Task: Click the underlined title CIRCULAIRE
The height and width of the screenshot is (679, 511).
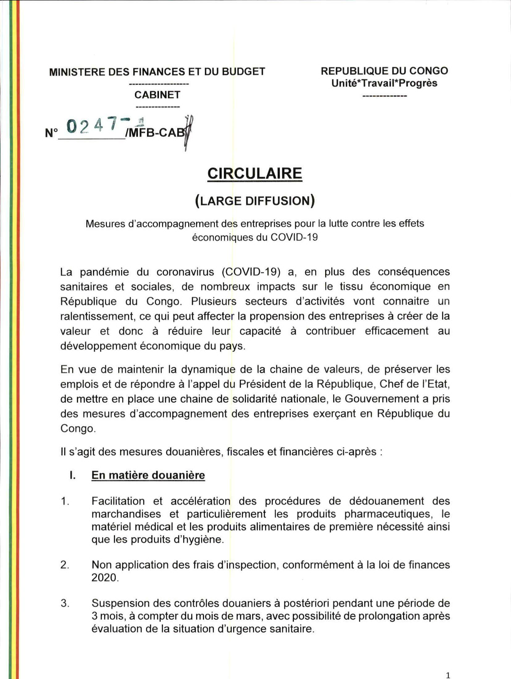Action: click(x=255, y=173)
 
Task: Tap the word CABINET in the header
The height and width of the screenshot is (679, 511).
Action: click(x=157, y=95)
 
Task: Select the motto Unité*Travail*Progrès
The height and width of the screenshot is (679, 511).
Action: click(x=384, y=83)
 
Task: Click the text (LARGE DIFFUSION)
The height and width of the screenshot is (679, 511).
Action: click(x=255, y=201)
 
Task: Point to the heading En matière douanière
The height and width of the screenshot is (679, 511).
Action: click(x=148, y=475)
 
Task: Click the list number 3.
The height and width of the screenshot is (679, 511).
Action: click(x=65, y=603)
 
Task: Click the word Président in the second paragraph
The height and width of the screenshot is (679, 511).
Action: click(x=262, y=384)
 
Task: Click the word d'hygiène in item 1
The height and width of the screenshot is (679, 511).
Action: click(x=203, y=540)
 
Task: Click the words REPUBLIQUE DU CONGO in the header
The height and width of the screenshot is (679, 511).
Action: click(x=384, y=71)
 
